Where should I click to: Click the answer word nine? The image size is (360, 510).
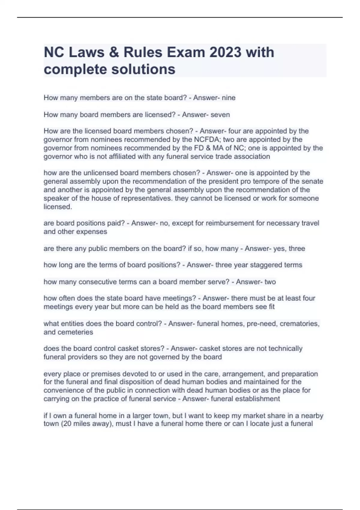click(229, 98)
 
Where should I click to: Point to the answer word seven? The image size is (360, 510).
click(220, 115)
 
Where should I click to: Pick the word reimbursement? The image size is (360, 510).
click(230, 223)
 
